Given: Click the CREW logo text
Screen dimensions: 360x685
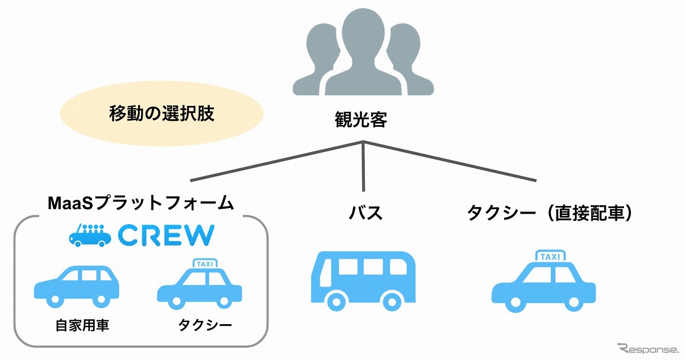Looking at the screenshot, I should [166, 235].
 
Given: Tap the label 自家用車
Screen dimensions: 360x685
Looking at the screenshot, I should [82, 326].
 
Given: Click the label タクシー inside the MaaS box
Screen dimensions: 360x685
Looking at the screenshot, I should [205, 326].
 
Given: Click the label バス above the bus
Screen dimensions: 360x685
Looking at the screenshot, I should [366, 212].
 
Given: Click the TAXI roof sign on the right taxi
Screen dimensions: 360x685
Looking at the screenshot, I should [551, 257].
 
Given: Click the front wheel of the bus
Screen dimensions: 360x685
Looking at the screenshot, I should [336, 301].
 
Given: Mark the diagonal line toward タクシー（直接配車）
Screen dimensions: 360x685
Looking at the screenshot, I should [450, 160].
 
